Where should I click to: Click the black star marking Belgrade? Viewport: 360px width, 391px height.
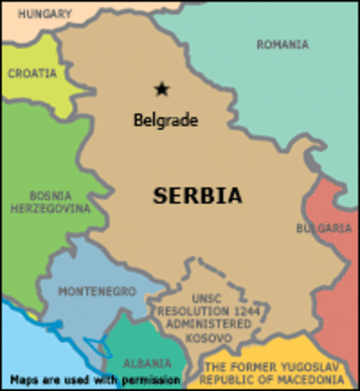tap(162, 89)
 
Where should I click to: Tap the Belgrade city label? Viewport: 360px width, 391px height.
tap(165, 121)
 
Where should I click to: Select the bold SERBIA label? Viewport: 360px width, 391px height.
tap(198, 196)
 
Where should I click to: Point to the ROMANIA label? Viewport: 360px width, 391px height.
tap(283, 45)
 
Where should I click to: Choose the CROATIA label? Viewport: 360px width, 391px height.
tap(33, 73)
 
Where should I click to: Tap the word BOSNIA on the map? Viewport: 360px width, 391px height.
tap(50, 196)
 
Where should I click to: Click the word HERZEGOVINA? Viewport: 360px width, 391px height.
tap(50, 209)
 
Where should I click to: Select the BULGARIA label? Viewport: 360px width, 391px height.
tap(324, 228)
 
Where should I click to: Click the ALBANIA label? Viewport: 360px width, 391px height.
tap(147, 363)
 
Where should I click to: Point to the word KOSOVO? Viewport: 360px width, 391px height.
tap(206, 337)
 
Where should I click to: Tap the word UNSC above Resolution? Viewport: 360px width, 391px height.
tap(207, 298)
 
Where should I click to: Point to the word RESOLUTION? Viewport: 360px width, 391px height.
tap(191, 311)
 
